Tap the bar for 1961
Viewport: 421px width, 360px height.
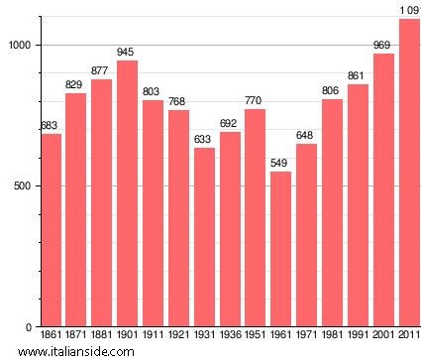point(281,249)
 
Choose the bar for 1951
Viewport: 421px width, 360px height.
point(256,218)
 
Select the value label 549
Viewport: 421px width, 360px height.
point(281,164)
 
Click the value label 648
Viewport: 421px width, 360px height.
point(307,136)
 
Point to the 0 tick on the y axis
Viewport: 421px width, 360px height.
point(30,327)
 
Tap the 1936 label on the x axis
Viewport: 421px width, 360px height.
point(230,335)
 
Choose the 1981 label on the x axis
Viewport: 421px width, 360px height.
point(332,335)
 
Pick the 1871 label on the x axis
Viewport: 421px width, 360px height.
point(76,335)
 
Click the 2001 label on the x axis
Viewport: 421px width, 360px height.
point(383,335)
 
